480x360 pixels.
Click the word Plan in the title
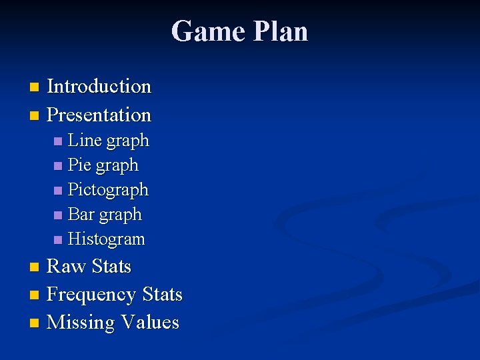pyautogui.click(x=279, y=31)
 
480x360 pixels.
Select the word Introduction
pyautogui.click(x=99, y=87)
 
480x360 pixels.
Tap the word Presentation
pyautogui.click(x=99, y=115)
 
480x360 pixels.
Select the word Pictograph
pyautogui.click(x=108, y=190)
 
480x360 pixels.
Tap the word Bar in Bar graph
pyautogui.click(x=81, y=214)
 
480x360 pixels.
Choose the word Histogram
pyautogui.click(x=106, y=239)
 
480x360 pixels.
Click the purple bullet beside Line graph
pyautogui.click(x=59, y=141)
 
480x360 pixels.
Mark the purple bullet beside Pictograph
pyautogui.click(x=59, y=191)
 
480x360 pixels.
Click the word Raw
pyautogui.click(x=66, y=267)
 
